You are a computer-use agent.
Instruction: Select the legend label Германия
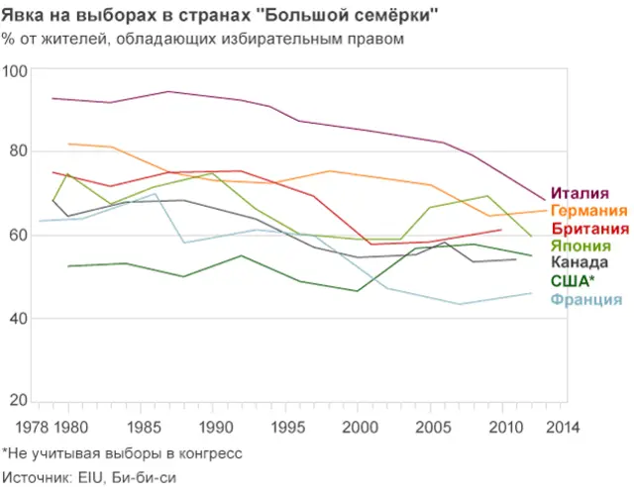click(x=588, y=211)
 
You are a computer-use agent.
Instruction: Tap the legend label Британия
click(x=588, y=229)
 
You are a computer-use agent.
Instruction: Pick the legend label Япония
click(x=581, y=246)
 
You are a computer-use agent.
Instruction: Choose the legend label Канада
click(x=580, y=263)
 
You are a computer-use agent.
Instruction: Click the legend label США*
click(x=574, y=281)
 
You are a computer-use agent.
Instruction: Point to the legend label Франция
click(x=586, y=299)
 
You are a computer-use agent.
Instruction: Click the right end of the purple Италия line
click(x=544, y=199)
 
